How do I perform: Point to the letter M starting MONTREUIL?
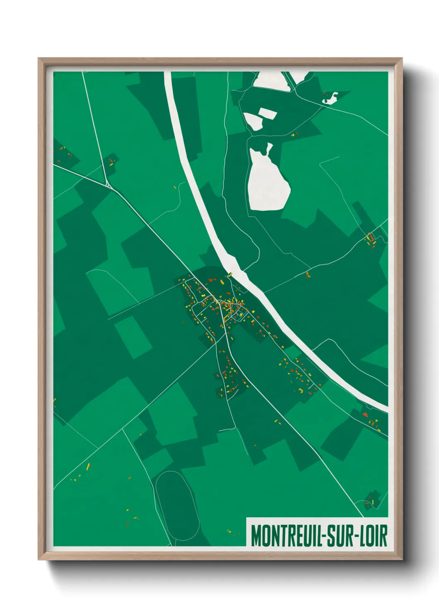tap(256, 536)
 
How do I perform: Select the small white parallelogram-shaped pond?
tap(267, 113)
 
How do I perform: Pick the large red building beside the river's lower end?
tap(365, 414)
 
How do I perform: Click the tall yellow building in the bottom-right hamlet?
tap(372, 502)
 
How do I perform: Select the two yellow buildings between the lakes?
tap(294, 134)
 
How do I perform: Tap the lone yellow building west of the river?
tap(175, 187)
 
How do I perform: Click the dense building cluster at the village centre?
tap(226, 307)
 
